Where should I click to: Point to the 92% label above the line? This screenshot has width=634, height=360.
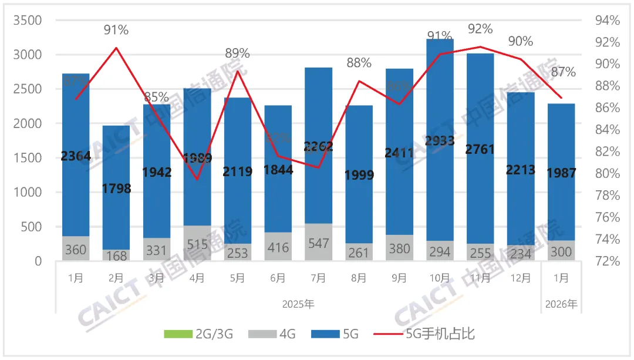tap(480, 28)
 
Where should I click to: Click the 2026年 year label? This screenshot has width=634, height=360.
tap(561, 305)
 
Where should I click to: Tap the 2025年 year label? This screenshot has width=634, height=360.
tap(298, 305)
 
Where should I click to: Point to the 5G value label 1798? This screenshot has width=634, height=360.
tap(116, 189)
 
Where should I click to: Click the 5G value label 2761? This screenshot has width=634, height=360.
tap(480, 149)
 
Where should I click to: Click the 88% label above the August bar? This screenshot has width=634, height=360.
tap(359, 63)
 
